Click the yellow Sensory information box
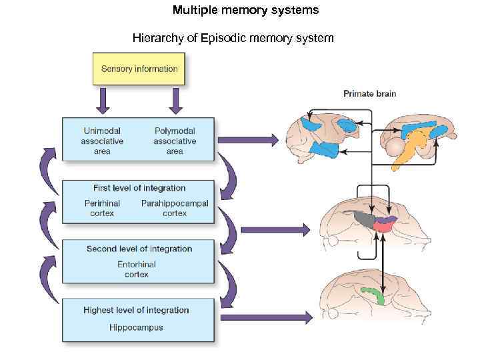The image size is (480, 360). pos(139,69)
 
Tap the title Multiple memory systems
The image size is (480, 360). pos(245,10)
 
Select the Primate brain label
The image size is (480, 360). pos(369,94)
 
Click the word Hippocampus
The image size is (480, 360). pos(136,327)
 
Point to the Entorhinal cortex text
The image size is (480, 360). pos(137,269)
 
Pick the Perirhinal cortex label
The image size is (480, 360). pos(102,208)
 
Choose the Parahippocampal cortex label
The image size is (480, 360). pos(175,208)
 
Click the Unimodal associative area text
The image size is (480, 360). pos(102,141)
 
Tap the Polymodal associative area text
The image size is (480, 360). pos(175,141)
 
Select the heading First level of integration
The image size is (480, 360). pos(139,188)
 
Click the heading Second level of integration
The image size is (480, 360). pos(139,249)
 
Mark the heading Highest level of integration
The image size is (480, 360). pos(136,310)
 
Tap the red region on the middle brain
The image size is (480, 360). pos(383,227)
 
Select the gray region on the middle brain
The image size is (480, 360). pos(364,219)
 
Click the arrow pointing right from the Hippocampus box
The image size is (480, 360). pos(266,318)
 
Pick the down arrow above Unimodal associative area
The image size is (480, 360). pos(103,101)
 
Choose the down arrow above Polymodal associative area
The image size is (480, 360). pos(176,101)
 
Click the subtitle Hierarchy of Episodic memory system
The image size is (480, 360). pos(233,38)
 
